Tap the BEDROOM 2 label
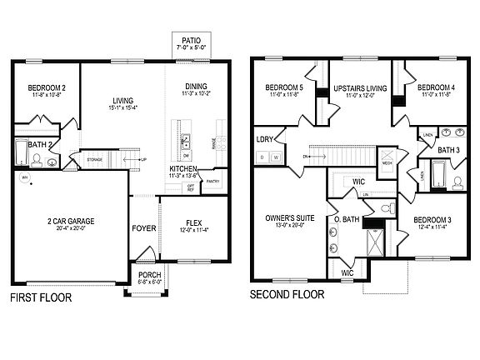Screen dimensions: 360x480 click(x=46, y=87)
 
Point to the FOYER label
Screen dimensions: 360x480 click(x=143, y=227)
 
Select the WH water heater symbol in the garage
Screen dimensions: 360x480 click(x=24, y=177)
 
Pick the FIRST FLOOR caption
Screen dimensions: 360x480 click(x=41, y=297)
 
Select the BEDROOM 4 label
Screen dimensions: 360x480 click(x=436, y=87)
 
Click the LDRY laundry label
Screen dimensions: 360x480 click(x=266, y=140)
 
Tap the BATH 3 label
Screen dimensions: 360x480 click(x=449, y=150)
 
